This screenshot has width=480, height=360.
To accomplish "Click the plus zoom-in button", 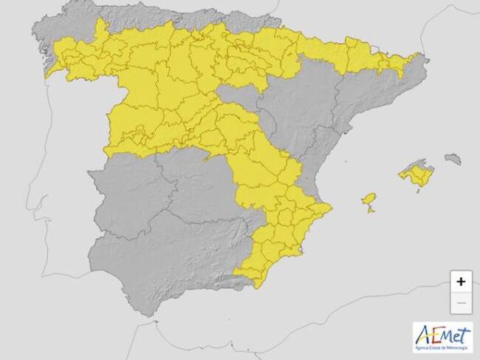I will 461,282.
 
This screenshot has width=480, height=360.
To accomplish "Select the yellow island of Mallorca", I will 416,176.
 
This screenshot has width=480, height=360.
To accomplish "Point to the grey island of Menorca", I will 453,158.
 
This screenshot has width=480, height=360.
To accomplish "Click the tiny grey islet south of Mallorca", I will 420,191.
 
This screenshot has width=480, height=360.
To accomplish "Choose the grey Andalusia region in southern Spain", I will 170,259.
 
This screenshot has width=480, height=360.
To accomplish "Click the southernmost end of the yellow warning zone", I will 256,283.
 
